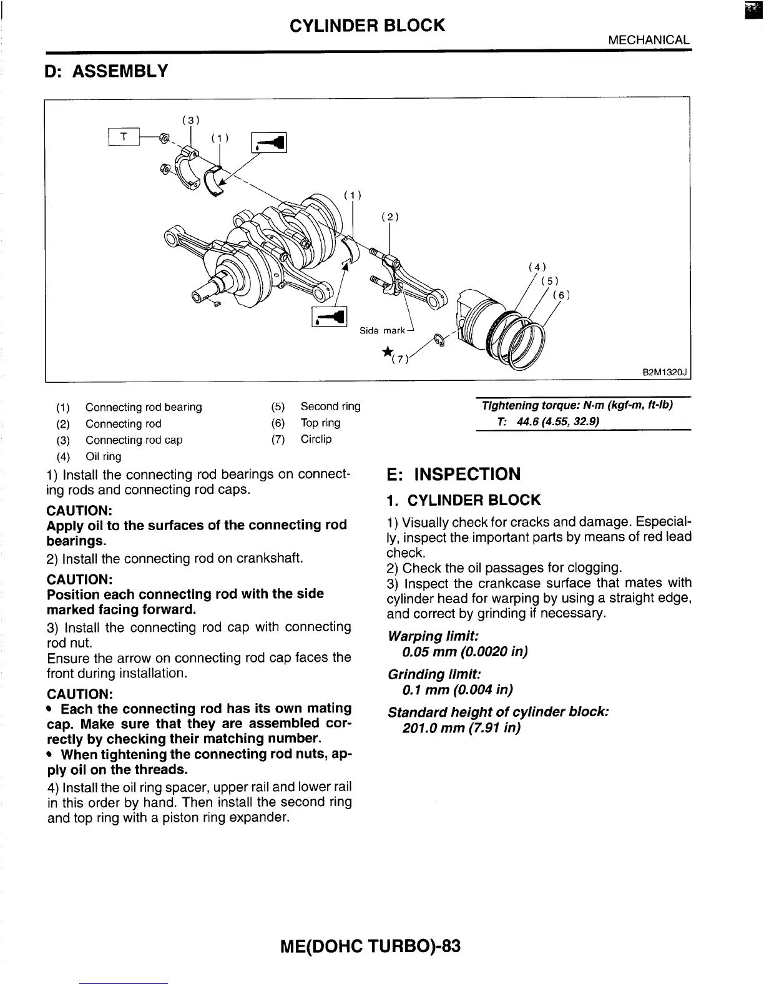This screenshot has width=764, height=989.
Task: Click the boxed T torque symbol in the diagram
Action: tap(125, 136)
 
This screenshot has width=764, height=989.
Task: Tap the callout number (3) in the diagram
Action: tap(190, 120)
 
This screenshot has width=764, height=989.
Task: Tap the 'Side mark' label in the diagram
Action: tap(382, 330)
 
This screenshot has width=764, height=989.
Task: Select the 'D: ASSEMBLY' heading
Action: tap(107, 72)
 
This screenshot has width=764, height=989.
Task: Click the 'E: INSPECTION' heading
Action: tap(454, 475)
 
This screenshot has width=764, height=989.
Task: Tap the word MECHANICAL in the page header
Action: tap(649, 40)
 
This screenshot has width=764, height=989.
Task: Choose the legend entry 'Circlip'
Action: tap(316, 439)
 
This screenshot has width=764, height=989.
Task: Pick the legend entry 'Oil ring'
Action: tap(104, 456)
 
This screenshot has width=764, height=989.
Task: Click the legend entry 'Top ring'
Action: tap(320, 423)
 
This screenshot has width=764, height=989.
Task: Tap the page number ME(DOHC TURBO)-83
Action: tap(371, 946)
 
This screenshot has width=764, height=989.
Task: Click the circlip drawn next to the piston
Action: tap(440, 339)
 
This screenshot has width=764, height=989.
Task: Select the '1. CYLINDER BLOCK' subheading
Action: tap(464, 500)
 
